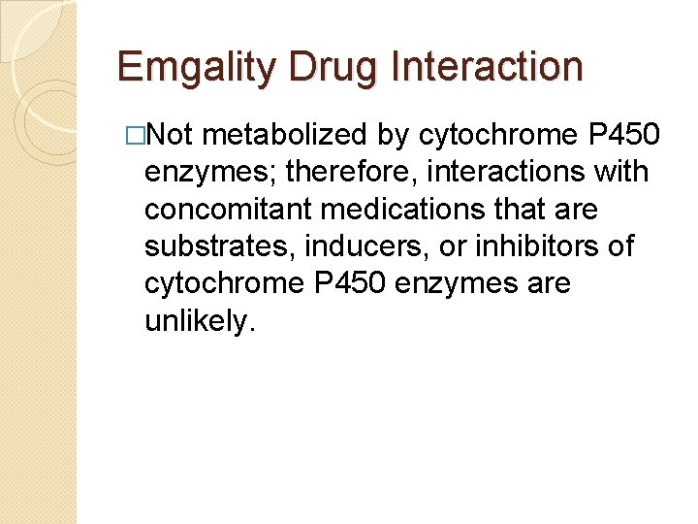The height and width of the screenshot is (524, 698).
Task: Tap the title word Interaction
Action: click(489, 67)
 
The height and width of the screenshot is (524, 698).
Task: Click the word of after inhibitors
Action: click(619, 246)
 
